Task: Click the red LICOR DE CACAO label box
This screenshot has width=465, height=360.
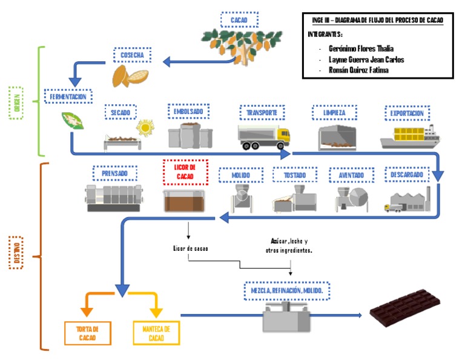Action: click(185, 172)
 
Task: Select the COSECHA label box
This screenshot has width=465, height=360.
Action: click(132, 56)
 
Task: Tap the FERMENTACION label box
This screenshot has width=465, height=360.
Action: click(68, 96)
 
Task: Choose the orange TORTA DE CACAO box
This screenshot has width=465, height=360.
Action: click(88, 333)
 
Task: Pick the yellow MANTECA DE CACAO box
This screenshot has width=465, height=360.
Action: click(156, 333)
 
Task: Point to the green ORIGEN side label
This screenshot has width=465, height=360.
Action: click(16, 101)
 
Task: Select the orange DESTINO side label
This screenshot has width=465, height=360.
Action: click(16, 253)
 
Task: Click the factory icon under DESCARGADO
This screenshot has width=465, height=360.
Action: click(407, 200)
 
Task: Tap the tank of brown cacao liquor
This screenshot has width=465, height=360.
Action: click(185, 200)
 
